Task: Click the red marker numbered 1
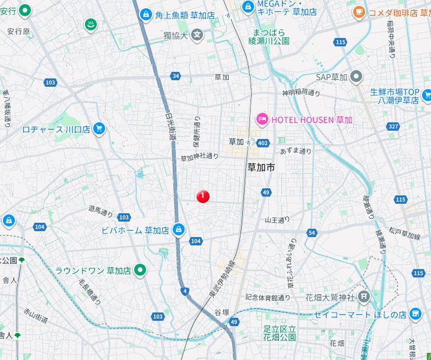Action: (x=203, y=196)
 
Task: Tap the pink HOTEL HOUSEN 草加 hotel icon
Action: (x=262, y=120)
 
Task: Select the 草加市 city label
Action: (x=261, y=168)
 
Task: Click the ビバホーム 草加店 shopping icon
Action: (x=178, y=230)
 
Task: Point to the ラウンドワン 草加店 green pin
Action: (x=139, y=270)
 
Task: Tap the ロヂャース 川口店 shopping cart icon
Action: (x=99, y=128)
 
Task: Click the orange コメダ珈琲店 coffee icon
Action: (x=358, y=11)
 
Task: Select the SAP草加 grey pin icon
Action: (x=357, y=77)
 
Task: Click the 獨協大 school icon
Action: (x=197, y=35)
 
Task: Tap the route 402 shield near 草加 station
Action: (x=263, y=143)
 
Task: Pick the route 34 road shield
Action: (x=175, y=76)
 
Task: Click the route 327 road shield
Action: (x=393, y=126)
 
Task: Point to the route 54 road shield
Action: (x=311, y=232)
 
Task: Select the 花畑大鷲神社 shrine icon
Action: (x=365, y=297)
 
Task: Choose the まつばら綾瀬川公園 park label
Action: (x=271, y=37)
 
